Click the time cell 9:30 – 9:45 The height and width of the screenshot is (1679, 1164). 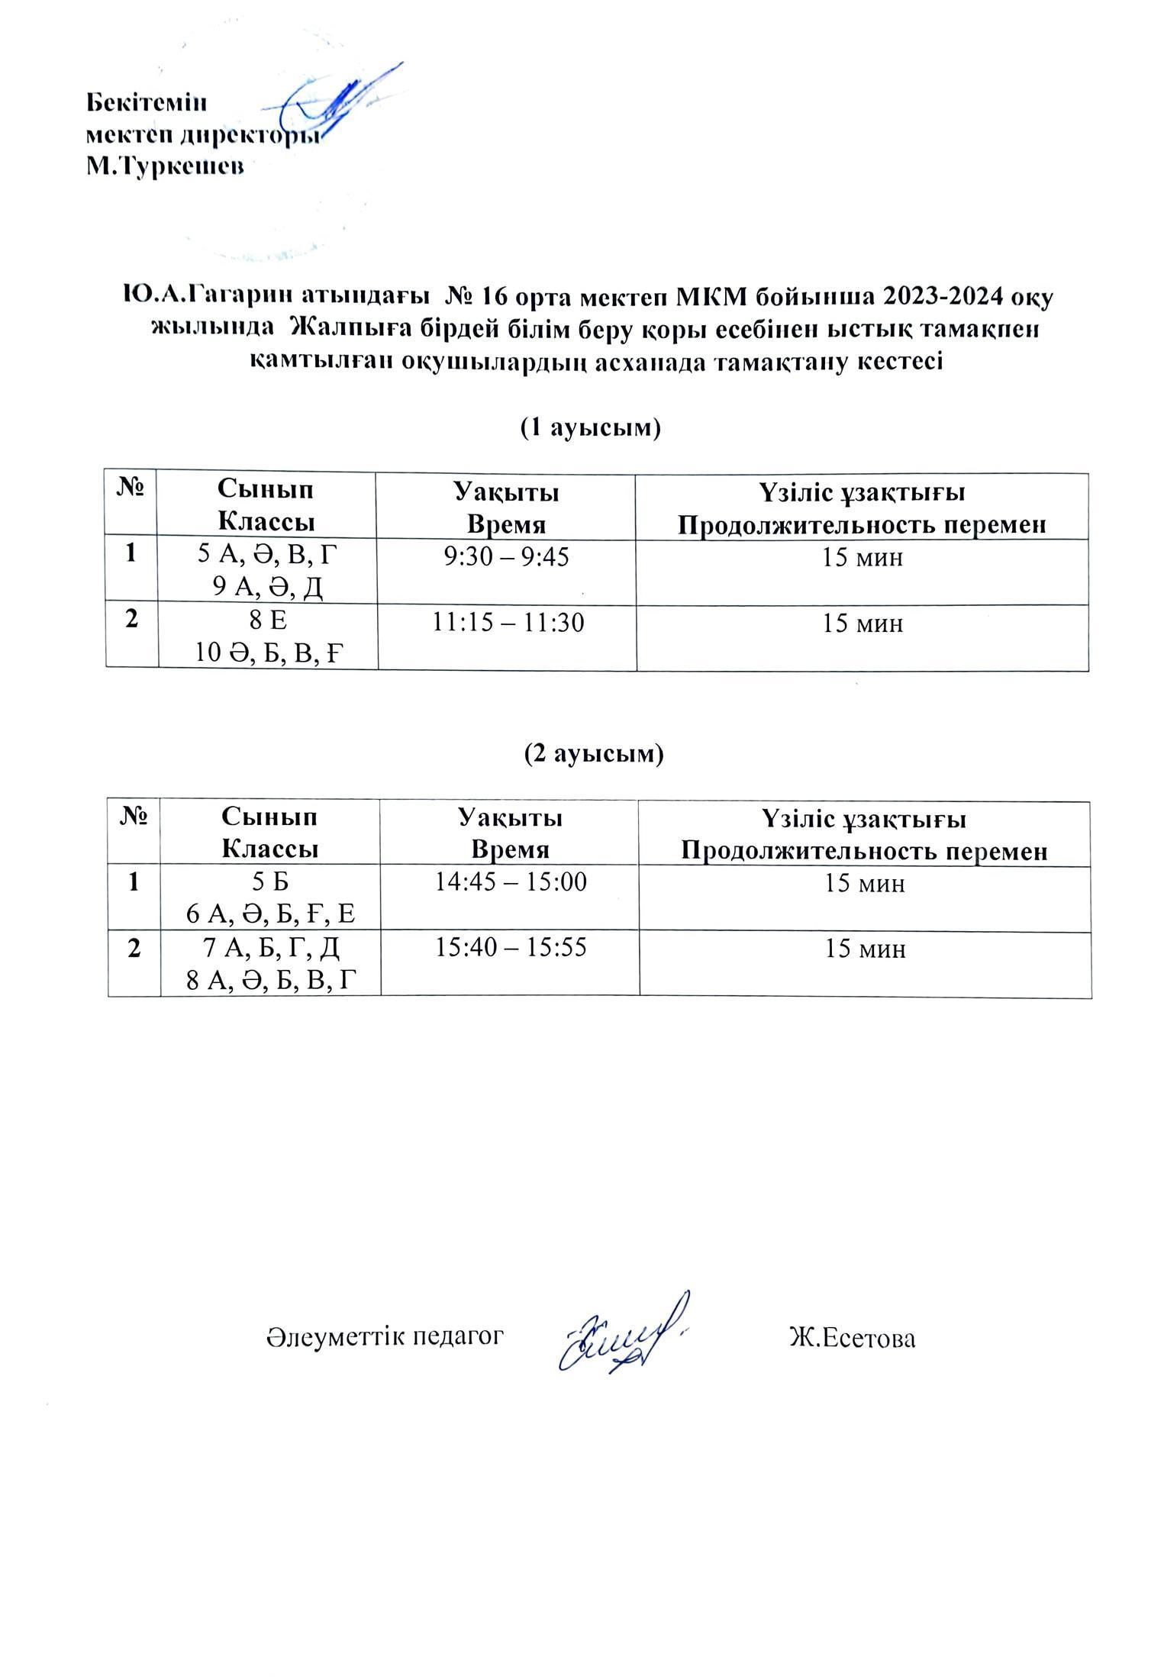click(x=507, y=558)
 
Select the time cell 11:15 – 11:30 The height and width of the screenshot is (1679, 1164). click(x=508, y=624)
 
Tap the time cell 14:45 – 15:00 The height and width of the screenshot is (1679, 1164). click(x=511, y=883)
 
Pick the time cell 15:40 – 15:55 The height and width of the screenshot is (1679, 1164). click(x=511, y=948)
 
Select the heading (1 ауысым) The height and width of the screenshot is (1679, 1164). click(x=590, y=428)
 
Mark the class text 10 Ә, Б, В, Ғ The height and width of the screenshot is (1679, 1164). click(x=268, y=654)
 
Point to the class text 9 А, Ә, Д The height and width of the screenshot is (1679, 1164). click(x=268, y=588)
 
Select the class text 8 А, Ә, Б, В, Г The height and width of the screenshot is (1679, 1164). click(x=272, y=981)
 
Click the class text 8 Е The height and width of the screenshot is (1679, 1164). click(x=268, y=622)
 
